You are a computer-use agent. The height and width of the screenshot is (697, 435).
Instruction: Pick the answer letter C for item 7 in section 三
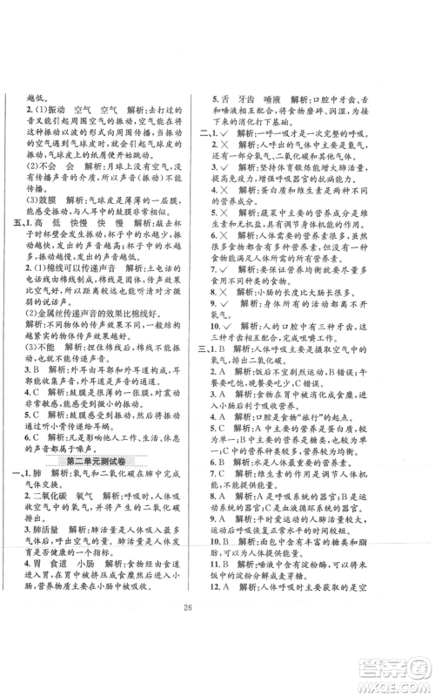[244, 503]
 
